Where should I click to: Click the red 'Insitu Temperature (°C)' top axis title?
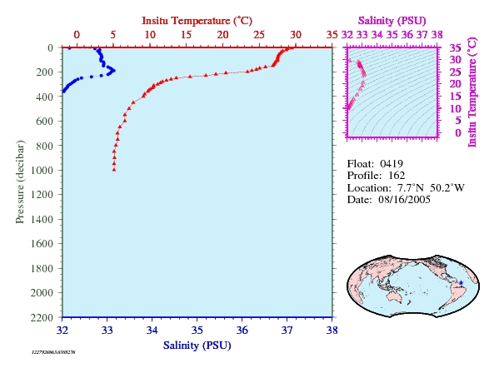point(197,21)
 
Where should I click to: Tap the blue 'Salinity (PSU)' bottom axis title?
point(197,346)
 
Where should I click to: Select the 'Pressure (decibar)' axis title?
point(20,182)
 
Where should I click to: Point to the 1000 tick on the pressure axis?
point(42,171)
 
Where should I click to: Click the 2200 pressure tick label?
point(42,317)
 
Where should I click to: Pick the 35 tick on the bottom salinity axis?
point(197,331)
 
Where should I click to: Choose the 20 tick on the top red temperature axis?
point(222,35)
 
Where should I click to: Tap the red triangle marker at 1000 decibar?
point(114,170)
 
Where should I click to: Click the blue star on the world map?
point(461,283)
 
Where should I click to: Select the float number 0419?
point(392,164)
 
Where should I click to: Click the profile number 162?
point(397,176)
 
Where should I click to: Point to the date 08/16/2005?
point(404,200)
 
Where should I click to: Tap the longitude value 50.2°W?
point(447,188)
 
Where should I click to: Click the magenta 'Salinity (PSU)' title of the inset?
point(392,21)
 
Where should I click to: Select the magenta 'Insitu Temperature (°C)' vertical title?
point(472,92)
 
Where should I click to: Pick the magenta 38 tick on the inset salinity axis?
point(437,35)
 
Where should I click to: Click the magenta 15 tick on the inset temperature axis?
point(455,97)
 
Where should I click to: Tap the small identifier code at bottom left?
point(53,352)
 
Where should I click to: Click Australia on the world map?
point(394,296)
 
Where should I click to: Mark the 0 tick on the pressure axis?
point(51,47)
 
